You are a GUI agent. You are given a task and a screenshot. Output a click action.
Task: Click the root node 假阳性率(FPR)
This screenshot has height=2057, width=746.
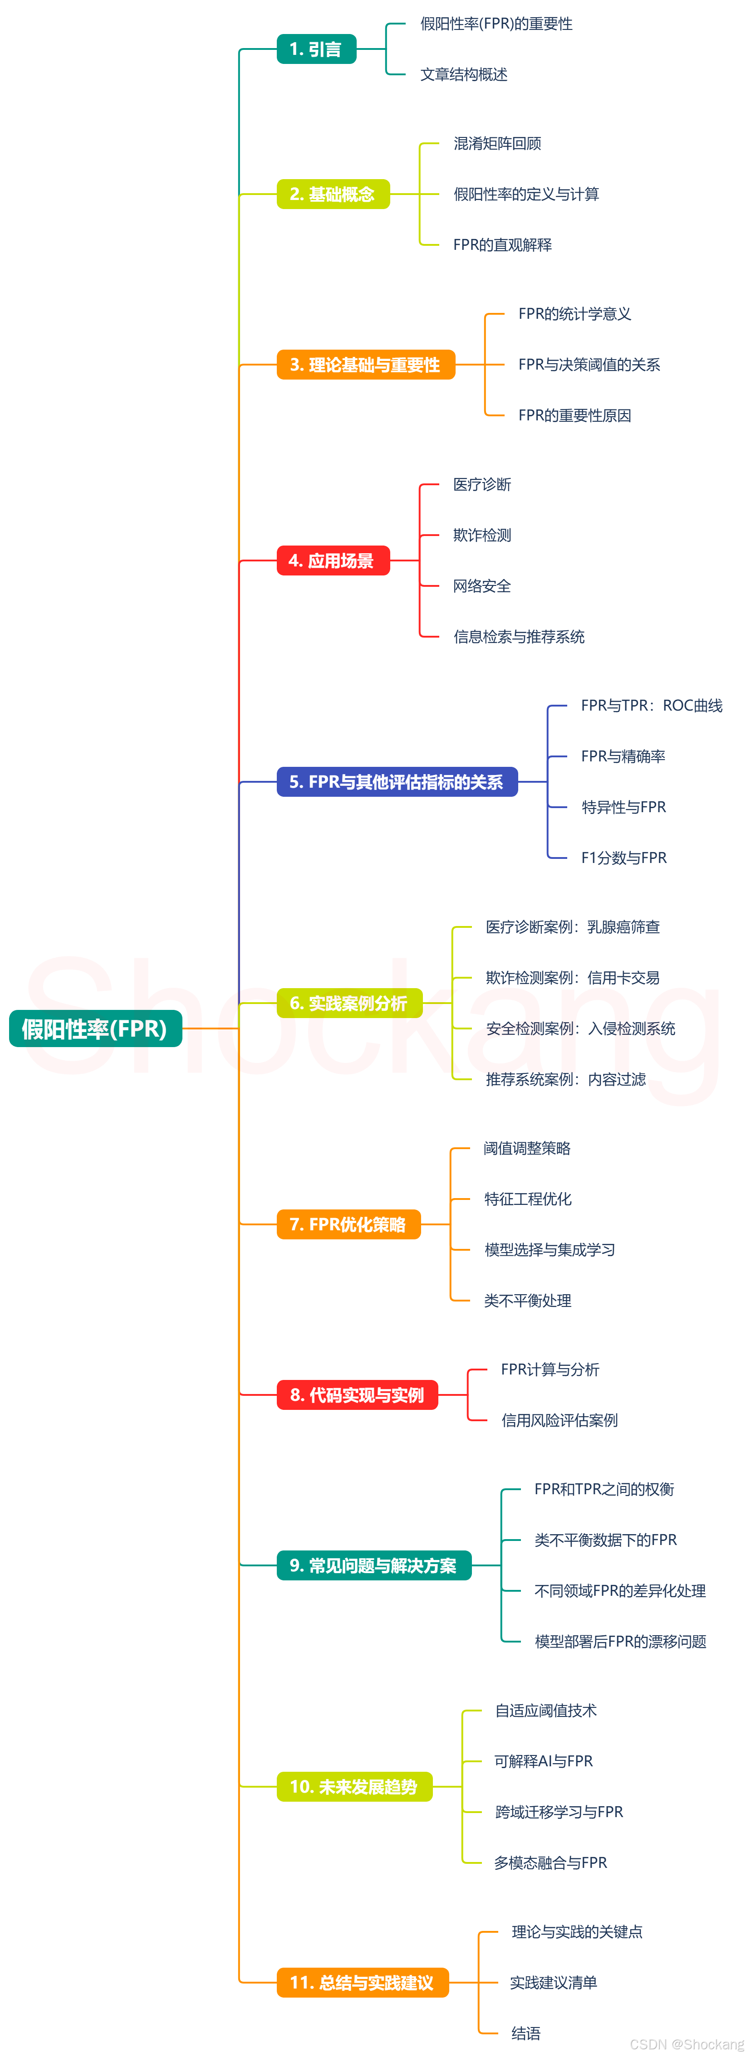[95, 1028]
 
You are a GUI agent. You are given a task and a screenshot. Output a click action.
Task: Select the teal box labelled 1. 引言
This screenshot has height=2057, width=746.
[316, 49]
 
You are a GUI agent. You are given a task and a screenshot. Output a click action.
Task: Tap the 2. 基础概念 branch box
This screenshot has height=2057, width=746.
[333, 194]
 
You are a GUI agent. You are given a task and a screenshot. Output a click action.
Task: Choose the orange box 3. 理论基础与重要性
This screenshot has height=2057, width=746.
[366, 365]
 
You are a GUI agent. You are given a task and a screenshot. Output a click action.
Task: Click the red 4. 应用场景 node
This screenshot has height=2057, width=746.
[333, 561]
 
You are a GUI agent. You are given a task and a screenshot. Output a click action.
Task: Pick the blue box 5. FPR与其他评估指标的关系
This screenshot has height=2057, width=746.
[397, 782]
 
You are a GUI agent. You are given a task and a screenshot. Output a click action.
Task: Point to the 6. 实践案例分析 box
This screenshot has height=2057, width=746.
[349, 1003]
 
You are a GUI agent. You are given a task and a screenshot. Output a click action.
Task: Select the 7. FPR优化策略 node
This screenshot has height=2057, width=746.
[348, 1224]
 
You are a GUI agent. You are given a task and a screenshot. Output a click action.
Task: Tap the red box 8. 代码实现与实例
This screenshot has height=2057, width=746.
[357, 1395]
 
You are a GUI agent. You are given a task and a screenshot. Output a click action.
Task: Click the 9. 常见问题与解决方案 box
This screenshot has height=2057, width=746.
[374, 1565]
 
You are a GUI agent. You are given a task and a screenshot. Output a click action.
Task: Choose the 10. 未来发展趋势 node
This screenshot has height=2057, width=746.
[354, 1786]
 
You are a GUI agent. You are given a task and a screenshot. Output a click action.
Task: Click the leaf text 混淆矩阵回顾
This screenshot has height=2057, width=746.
[497, 144]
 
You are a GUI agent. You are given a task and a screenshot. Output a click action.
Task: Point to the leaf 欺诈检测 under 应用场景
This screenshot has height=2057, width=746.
[481, 535]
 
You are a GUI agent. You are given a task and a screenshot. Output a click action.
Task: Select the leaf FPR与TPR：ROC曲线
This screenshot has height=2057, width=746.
[651, 706]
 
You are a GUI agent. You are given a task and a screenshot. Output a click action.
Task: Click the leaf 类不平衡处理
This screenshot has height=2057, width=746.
[527, 1301]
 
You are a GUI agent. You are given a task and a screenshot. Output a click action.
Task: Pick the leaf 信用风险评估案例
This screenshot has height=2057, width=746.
[559, 1421]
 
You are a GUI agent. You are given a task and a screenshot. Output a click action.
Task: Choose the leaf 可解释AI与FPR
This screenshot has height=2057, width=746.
[543, 1761]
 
